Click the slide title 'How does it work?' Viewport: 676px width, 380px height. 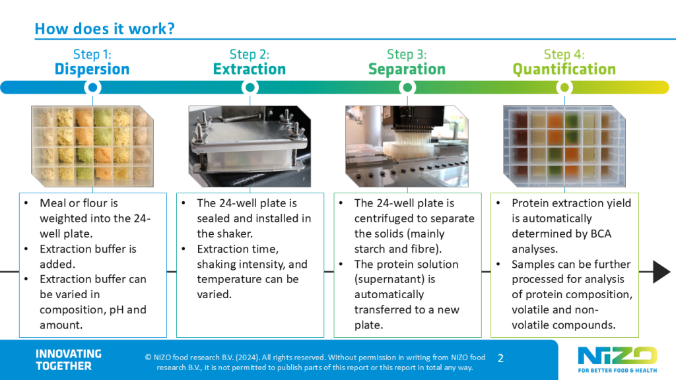point(104,29)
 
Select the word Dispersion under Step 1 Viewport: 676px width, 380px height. point(92,69)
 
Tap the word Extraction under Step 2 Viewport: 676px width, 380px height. point(250,69)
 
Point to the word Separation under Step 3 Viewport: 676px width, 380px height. point(407,69)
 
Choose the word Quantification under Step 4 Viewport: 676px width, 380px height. point(564,69)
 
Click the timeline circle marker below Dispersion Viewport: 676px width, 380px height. point(93,87)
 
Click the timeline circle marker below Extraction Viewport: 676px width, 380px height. point(250,87)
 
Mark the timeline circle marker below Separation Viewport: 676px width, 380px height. point(407,87)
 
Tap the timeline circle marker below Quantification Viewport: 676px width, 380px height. point(564,87)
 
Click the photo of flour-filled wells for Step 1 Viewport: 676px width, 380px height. point(92,144)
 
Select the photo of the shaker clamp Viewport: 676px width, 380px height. point(250,144)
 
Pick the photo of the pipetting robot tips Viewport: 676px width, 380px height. point(407,144)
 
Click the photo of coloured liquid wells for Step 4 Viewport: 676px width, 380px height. point(564,144)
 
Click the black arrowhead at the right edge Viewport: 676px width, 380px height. point(661,272)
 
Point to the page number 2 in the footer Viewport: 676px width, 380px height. point(500,358)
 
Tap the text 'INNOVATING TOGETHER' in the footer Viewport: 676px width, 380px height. point(69,360)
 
